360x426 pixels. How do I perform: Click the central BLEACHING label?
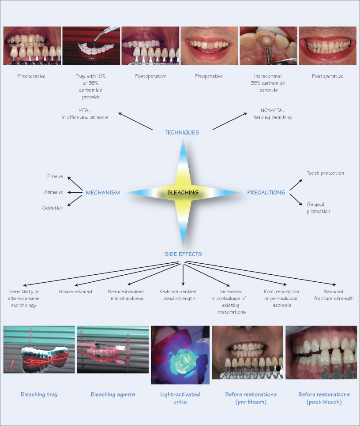coord(183,193)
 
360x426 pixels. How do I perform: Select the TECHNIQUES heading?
coord(182,132)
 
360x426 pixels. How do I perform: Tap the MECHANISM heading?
coord(102,193)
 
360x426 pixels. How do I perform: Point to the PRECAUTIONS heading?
coord(266,193)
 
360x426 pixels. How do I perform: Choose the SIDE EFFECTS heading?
coord(183,254)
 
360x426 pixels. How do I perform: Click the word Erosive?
coord(55,176)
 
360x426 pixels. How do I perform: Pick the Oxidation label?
coord(53,208)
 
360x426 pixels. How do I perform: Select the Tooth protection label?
coord(325,173)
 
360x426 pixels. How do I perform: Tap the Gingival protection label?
coord(318,208)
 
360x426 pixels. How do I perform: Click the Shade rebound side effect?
coord(75,291)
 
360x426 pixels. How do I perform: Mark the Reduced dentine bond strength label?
coord(177,295)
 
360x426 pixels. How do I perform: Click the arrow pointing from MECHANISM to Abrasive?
coord(74,192)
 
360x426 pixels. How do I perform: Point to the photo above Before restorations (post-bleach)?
coord(321,352)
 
